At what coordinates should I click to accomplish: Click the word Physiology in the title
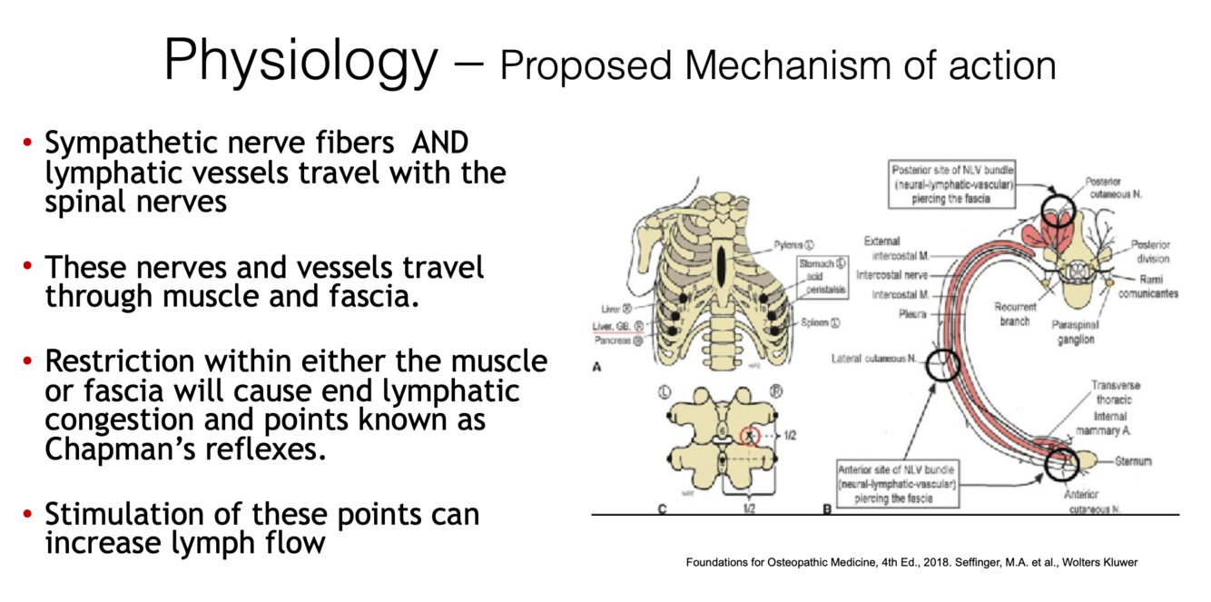pos(300,62)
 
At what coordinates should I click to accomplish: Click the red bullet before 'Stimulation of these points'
pos(27,514)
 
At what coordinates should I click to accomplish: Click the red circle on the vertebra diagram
pos(750,437)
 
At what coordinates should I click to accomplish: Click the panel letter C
pos(662,508)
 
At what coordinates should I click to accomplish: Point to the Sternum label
pos(1134,462)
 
